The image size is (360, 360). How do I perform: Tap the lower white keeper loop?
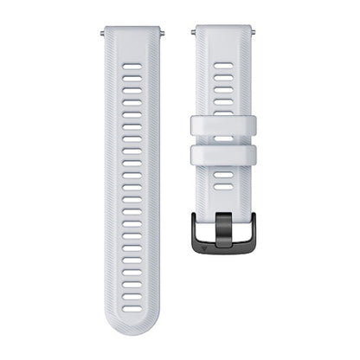226,157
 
